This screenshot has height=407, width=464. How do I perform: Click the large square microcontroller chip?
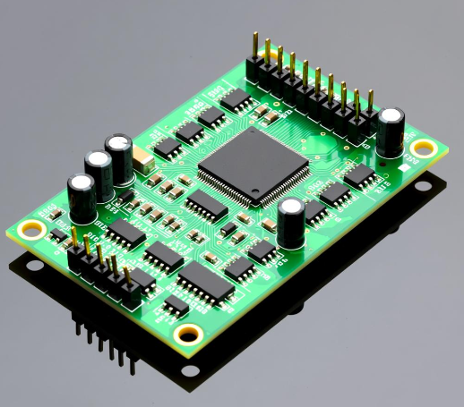253,165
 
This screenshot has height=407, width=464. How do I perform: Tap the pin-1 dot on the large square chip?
255,191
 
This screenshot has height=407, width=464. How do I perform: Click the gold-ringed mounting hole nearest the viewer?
188,335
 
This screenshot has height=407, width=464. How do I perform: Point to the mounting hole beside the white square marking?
420,148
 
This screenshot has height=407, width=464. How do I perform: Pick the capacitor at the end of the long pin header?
391,131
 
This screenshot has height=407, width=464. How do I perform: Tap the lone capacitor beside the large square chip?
290,223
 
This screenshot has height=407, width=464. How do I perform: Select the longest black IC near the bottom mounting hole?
204,284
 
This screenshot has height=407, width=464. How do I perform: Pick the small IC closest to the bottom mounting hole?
176,306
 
